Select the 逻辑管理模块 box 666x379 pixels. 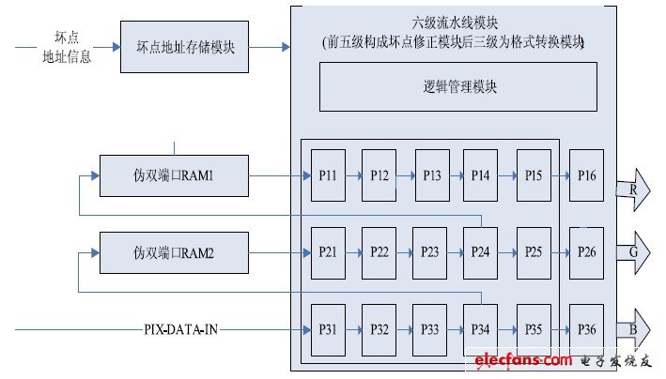click(459, 87)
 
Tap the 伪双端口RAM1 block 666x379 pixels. click(176, 174)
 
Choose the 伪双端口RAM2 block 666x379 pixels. click(176, 251)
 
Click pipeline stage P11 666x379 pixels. click(327, 174)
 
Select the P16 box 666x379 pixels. click(587, 174)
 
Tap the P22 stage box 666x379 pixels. click(379, 251)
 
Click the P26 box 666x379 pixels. click(587, 251)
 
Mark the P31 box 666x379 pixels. click(327, 329)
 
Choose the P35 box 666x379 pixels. click(534, 329)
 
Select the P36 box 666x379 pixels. click(587, 329)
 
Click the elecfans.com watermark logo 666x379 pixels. click(523, 360)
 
